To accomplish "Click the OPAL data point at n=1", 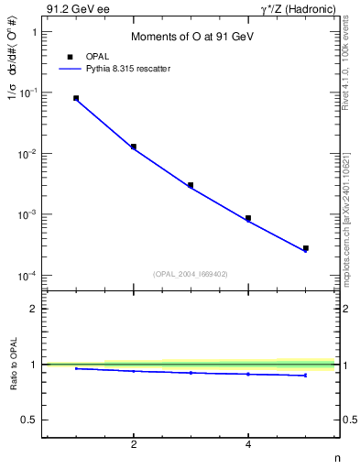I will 76,98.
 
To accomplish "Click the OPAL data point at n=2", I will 134,147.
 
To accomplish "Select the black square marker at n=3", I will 191,185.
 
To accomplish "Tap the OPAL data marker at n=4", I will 248,218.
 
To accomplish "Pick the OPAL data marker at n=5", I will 305,248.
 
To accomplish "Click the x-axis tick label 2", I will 134,444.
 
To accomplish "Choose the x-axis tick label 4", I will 248,444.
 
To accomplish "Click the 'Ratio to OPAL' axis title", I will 14,365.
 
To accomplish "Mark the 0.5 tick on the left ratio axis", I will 29,420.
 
